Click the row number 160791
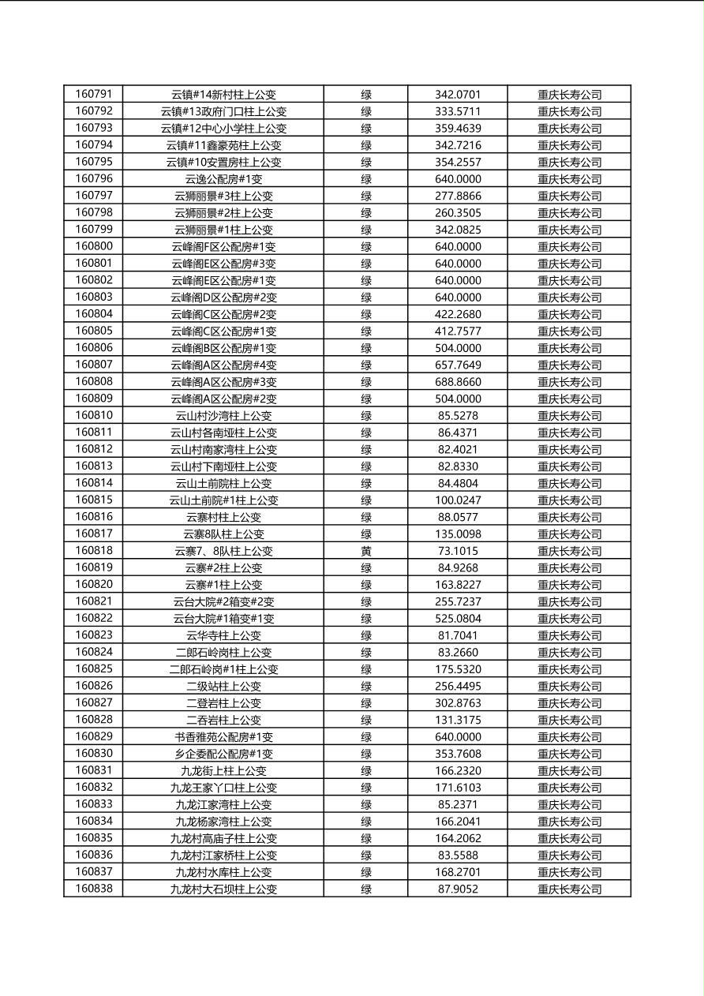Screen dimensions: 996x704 click(93, 95)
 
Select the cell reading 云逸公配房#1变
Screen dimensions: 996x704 click(223, 179)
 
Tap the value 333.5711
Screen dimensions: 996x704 click(457, 111)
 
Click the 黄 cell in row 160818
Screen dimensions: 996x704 click(365, 551)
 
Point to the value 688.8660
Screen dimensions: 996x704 click(457, 382)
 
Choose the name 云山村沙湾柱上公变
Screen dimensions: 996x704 click(223, 416)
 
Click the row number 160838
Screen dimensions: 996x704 click(93, 889)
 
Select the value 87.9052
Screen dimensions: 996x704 click(457, 889)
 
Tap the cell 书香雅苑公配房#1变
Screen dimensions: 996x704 click(223, 737)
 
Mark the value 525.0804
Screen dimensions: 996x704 click(457, 619)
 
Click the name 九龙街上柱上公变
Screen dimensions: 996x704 click(223, 771)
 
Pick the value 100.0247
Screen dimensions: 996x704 click(457, 500)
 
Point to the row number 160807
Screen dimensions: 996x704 click(93, 365)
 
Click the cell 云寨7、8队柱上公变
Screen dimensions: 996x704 click(223, 551)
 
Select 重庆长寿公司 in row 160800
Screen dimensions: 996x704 click(569, 247)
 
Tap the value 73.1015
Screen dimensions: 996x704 click(457, 551)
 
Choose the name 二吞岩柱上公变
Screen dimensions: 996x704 click(223, 720)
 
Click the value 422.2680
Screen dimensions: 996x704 click(457, 314)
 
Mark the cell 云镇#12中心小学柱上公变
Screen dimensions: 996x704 click(223, 129)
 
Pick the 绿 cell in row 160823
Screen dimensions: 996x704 click(365, 635)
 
